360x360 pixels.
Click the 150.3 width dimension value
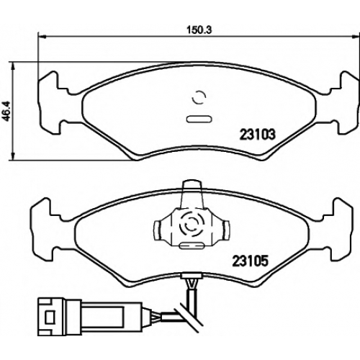199,30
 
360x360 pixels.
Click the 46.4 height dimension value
6,111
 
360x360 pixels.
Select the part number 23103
257,135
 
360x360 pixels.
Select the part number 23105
250,261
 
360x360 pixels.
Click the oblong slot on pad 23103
199,120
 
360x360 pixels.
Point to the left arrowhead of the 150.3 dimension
42,37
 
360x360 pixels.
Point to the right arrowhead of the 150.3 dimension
356,37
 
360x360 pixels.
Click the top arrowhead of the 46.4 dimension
14,66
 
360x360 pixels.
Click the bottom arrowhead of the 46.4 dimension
14,156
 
